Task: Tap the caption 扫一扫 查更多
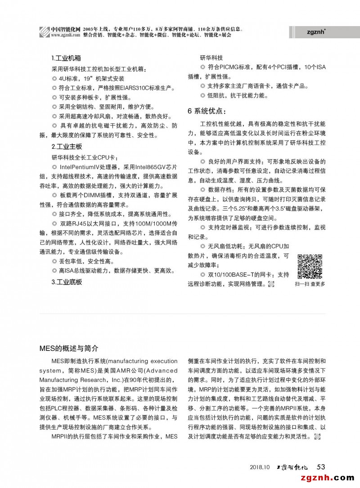[x=310, y=284]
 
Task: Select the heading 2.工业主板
[x=67, y=147]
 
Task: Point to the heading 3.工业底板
[x=67, y=282]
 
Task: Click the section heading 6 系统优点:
[x=207, y=111]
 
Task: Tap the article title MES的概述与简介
[x=68, y=348]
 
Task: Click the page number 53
[x=321, y=466]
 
